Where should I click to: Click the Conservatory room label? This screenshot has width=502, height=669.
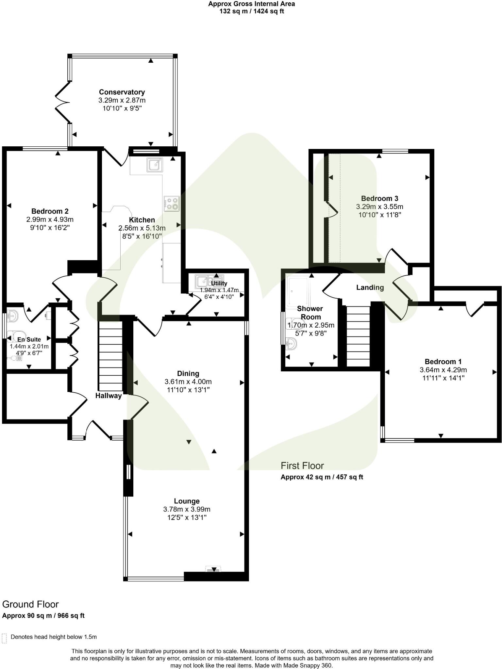tap(122, 92)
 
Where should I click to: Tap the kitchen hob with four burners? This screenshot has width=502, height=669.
tap(172, 204)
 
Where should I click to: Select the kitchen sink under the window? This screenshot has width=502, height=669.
tap(154, 164)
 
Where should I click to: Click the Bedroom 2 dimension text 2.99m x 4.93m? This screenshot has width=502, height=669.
tap(50, 220)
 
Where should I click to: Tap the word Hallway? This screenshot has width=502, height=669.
tap(109, 396)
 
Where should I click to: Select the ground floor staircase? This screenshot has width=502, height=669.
tap(110, 356)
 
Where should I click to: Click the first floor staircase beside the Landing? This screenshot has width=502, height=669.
tap(358, 336)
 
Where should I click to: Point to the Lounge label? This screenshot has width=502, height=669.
tap(187, 501)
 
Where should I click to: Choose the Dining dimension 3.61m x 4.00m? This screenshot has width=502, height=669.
tap(188, 382)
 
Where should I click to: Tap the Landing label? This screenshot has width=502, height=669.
tap(370, 287)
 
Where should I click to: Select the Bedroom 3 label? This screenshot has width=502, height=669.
tap(379, 198)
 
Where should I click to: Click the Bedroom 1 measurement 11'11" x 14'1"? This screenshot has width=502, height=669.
tap(443, 378)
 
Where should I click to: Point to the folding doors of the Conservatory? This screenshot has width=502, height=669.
tap(62, 103)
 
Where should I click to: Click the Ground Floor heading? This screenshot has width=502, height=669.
tap(30, 604)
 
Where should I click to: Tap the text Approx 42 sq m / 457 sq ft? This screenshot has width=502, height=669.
tap(322, 477)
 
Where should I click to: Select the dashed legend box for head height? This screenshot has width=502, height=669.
tap(4, 638)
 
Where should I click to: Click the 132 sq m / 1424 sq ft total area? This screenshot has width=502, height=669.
tap(251, 11)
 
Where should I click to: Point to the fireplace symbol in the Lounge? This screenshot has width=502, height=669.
tap(213, 569)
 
